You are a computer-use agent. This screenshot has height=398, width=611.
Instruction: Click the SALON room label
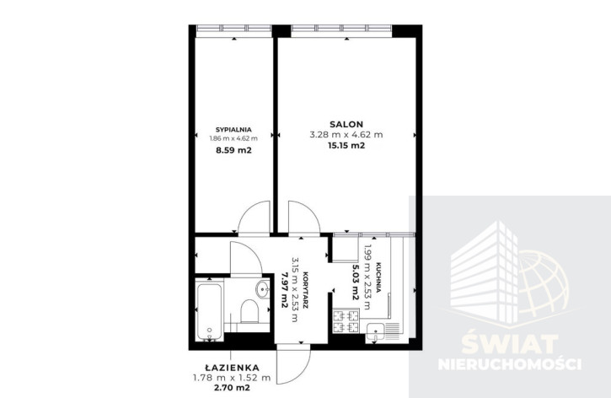tap(346, 124)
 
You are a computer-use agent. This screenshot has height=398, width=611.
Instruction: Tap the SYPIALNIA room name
tap(233, 130)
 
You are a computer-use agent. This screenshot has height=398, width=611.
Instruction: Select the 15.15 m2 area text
tap(346, 146)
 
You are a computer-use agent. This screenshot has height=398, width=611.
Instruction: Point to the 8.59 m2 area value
tap(233, 150)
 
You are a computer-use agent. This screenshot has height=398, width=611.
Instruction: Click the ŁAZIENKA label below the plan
tap(233, 367)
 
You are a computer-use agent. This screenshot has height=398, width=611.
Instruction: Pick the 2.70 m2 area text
tap(233, 388)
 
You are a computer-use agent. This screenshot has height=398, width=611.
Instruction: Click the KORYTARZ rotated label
tap(305, 290)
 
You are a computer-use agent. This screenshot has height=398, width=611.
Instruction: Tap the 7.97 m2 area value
tap(284, 290)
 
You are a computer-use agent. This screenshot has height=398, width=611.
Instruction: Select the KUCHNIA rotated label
tap(378, 277)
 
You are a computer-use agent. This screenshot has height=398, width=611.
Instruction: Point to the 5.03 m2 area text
tap(356, 282)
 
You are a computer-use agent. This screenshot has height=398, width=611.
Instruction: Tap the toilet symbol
tap(249, 311)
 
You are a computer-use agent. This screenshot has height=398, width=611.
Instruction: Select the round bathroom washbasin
tap(263, 289)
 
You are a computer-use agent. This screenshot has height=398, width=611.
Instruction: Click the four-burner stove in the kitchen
tap(346, 320)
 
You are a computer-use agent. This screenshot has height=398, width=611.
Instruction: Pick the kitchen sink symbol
tap(375, 332)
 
